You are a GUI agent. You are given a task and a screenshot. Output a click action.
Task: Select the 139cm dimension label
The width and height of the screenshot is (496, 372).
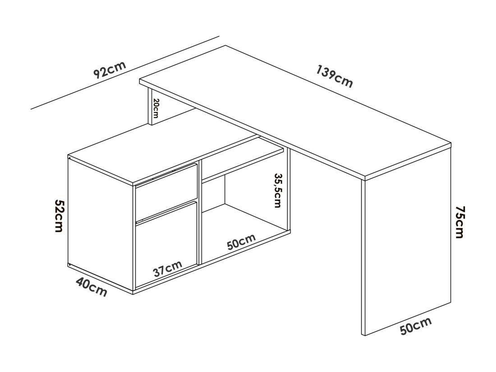(x=334, y=78)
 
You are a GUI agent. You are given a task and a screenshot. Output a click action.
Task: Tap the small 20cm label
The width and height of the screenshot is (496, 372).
(x=156, y=108)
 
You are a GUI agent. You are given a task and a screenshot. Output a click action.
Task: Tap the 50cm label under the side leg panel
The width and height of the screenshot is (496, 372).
(x=416, y=326)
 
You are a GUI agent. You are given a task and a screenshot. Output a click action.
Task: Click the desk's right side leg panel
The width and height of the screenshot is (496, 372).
(x=406, y=248)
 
